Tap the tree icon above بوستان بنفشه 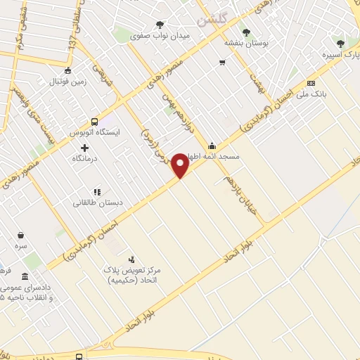click(245, 32)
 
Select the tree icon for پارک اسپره click(340, 44)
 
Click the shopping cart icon click(222, 63)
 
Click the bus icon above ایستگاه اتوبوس click(95, 120)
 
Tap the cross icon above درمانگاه click(85, 148)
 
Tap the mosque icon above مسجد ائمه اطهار click(212, 146)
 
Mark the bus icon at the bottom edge click(78, 356)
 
